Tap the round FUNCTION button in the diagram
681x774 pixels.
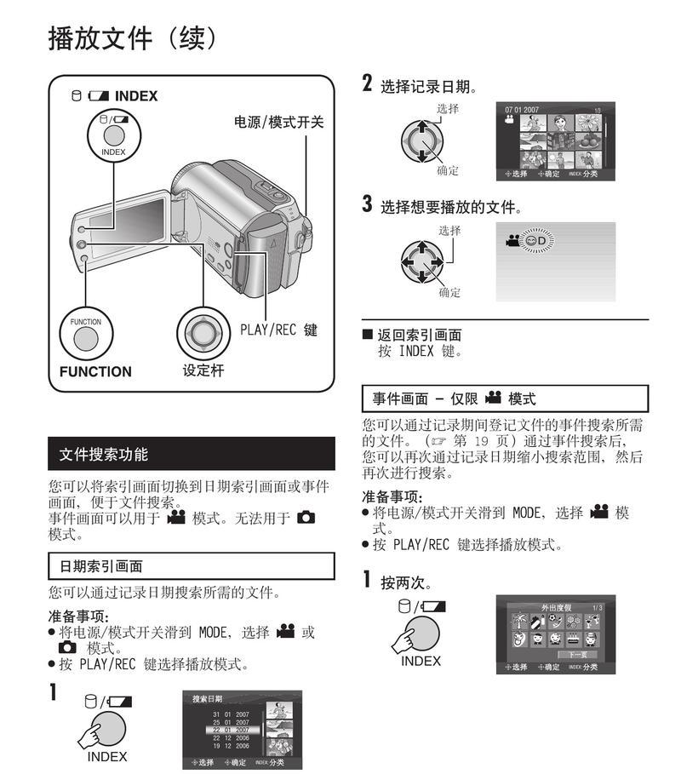(86, 336)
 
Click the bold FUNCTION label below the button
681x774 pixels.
(95, 371)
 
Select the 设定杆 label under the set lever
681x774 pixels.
(203, 370)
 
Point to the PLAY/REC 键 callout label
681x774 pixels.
(278, 330)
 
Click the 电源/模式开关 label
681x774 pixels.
(279, 122)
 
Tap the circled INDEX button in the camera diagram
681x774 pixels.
(112, 135)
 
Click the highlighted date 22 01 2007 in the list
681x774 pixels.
(231, 730)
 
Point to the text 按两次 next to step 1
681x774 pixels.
(405, 583)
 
